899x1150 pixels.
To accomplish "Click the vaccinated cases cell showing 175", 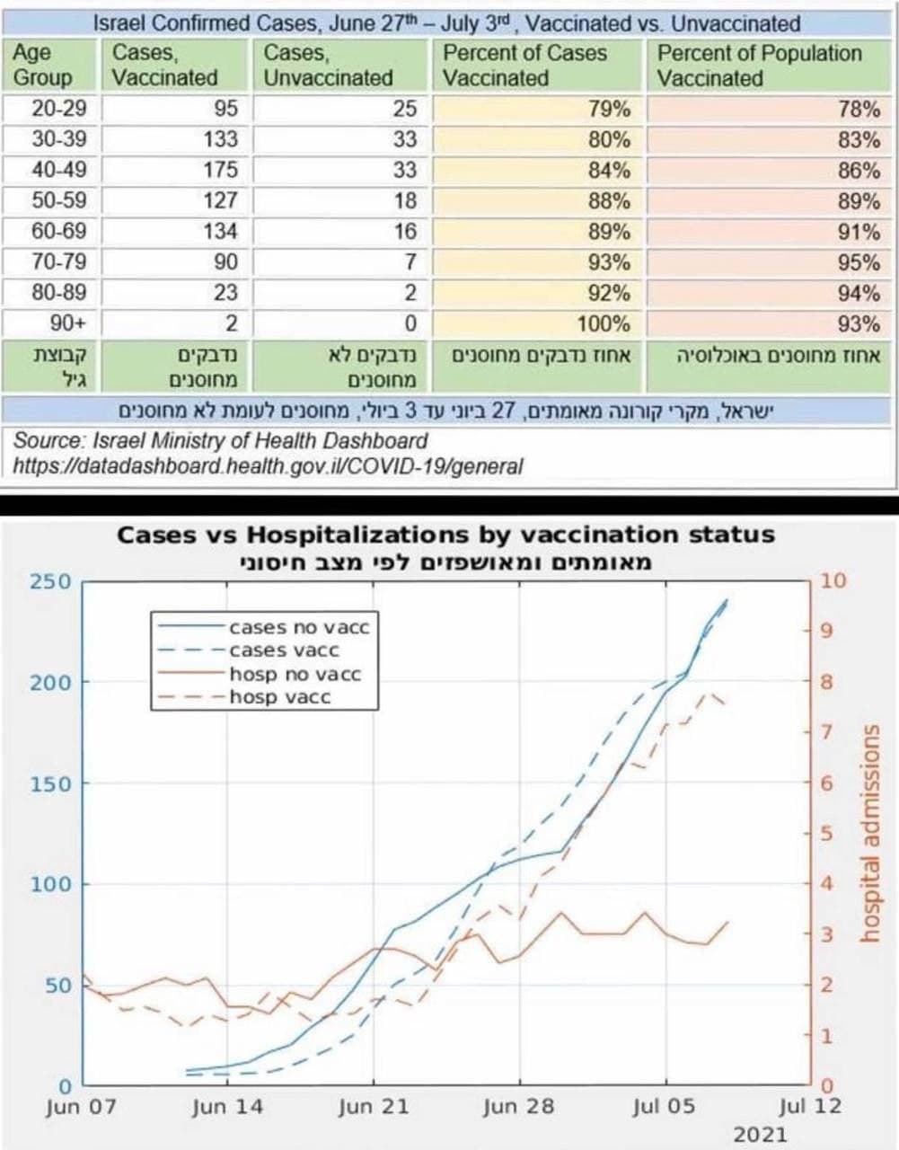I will (220, 170).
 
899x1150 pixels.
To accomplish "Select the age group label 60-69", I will (59, 231).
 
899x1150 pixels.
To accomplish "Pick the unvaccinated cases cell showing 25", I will (405, 109).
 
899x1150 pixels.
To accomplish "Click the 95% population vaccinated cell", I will (859, 262).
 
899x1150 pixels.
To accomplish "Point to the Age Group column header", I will (42, 66).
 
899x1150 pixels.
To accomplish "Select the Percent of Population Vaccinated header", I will (759, 66).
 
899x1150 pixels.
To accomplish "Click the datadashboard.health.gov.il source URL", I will (268, 465).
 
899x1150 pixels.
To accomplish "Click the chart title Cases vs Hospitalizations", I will (445, 535).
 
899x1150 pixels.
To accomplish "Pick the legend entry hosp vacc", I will (280, 697).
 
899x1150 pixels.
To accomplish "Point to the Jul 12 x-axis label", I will (809, 1106).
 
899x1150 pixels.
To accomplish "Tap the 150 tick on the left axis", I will (50, 783).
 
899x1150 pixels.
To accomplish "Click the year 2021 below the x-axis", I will (760, 1135).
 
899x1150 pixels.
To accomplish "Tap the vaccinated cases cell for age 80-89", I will (225, 293).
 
